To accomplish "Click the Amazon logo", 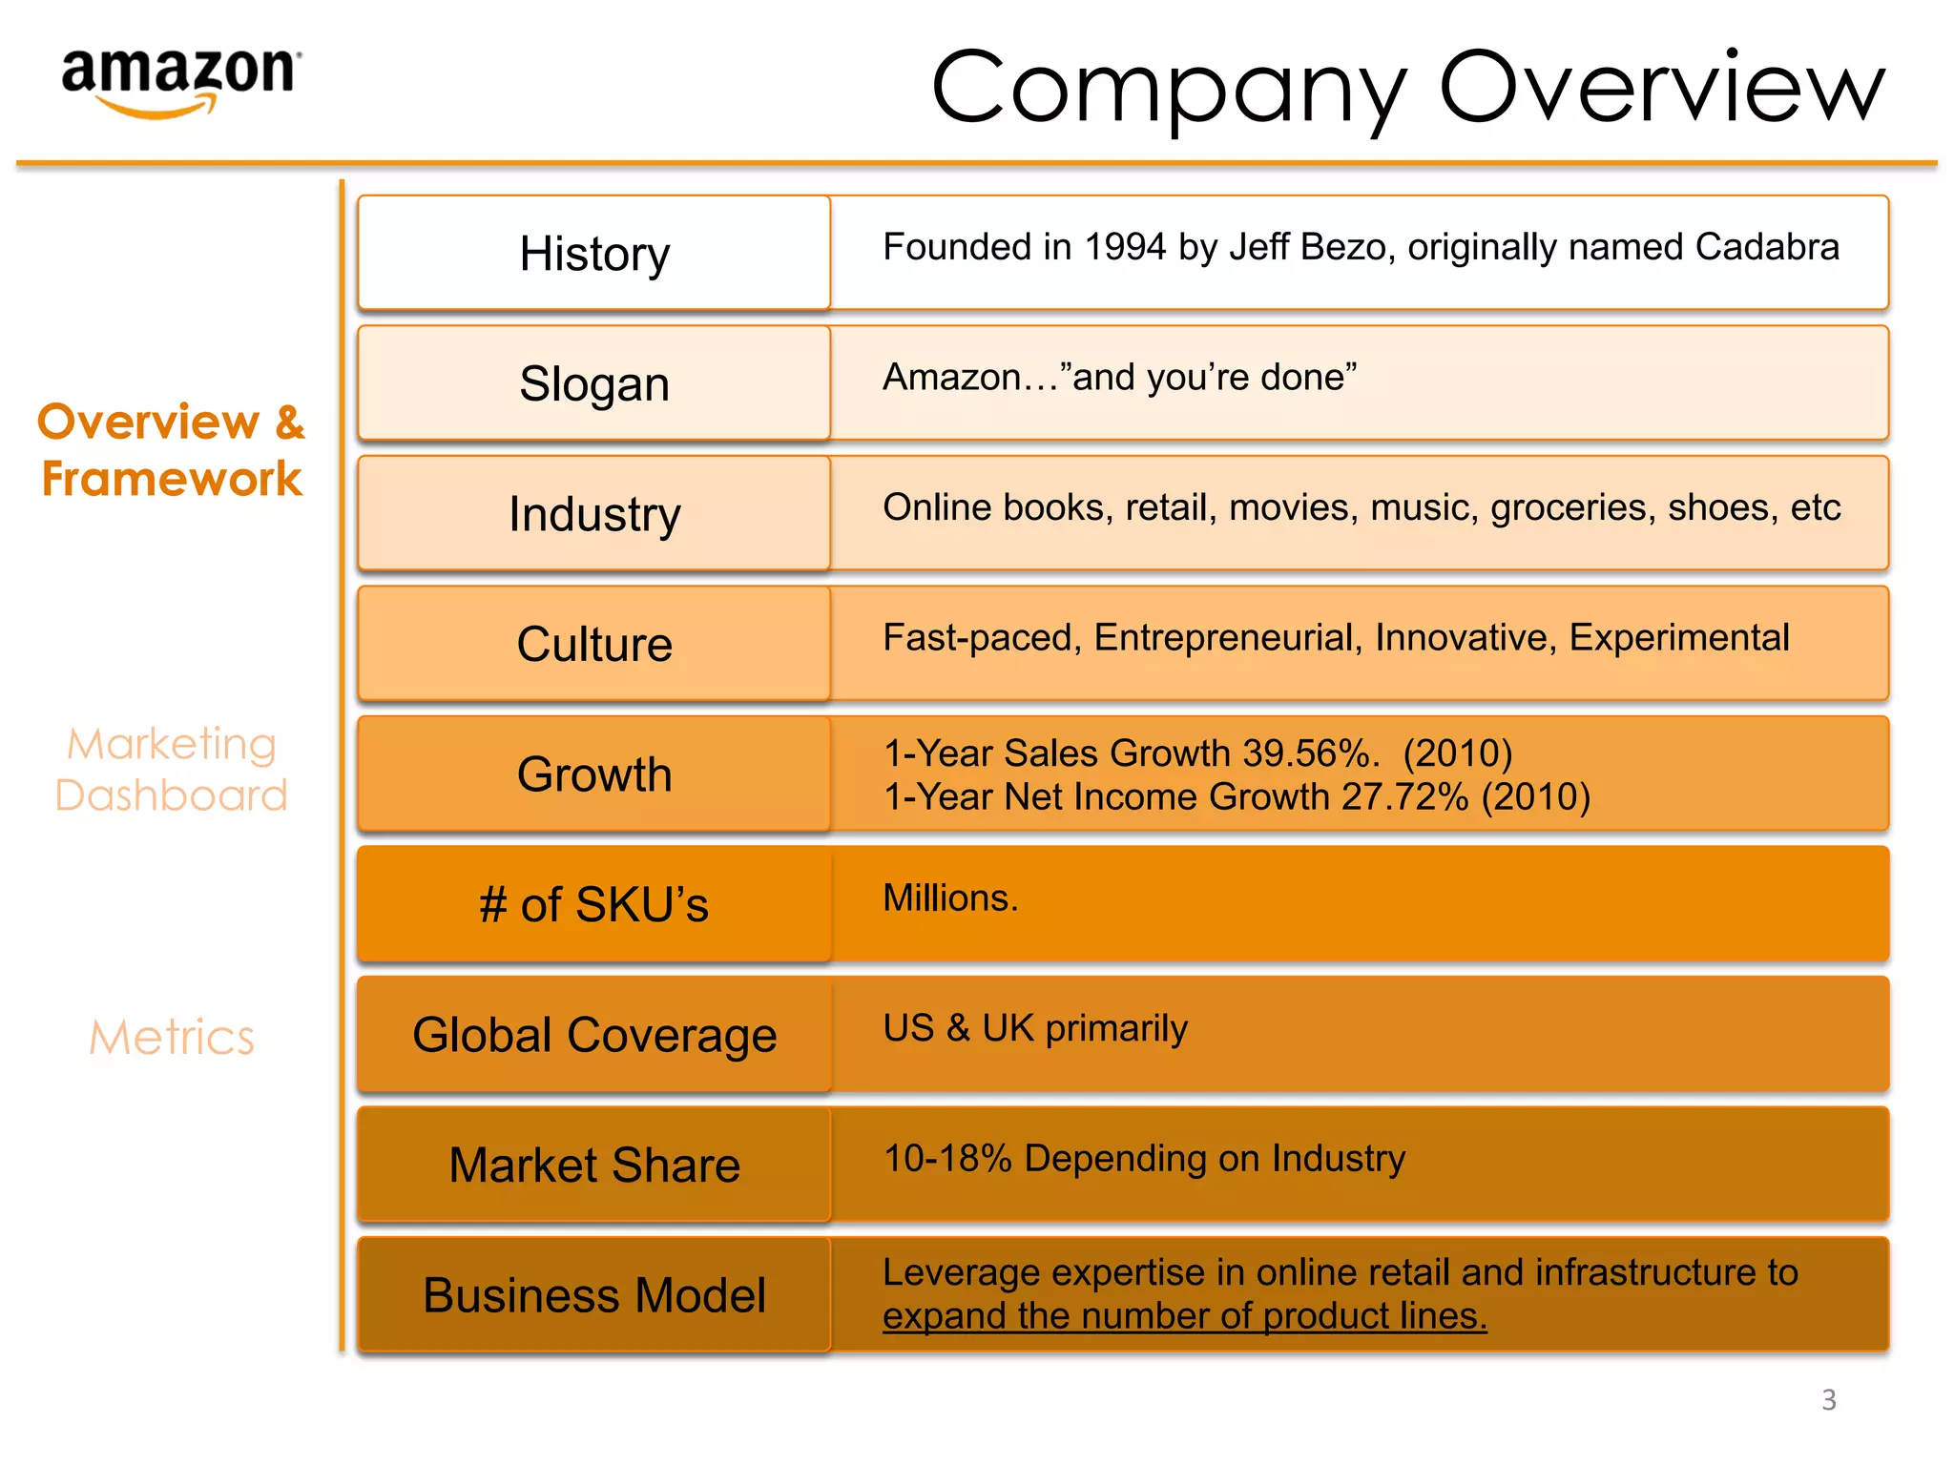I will tap(180, 81).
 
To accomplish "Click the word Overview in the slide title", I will tap(1661, 87).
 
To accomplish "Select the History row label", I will tap(594, 254).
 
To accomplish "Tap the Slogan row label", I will tap(594, 383).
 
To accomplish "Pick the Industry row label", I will tap(594, 514).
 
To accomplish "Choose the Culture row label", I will tap(594, 644).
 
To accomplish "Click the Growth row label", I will tap(594, 774).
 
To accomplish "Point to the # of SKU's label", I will tap(594, 904).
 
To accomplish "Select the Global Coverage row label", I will tap(594, 1035).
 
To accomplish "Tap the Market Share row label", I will tap(594, 1165).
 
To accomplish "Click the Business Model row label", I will tap(594, 1295).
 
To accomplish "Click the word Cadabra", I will tap(1767, 247).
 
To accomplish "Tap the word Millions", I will tap(949, 898).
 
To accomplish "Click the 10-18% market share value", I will tap(946, 1159).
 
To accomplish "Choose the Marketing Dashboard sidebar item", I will tap(172, 770).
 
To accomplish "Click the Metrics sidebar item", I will tap(172, 1038).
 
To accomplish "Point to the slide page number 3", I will tap(1828, 1399).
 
